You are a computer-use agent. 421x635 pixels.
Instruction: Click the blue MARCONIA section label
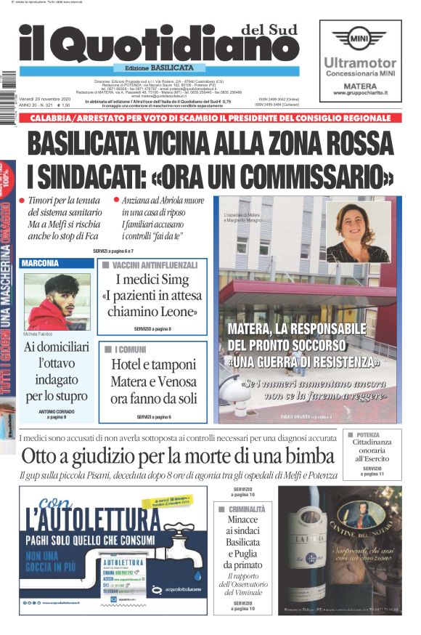(x=41, y=263)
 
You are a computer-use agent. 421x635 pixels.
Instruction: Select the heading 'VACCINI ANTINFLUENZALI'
(x=155, y=266)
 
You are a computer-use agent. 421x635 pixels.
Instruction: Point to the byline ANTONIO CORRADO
(x=57, y=411)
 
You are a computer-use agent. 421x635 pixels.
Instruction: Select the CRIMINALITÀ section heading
(x=246, y=509)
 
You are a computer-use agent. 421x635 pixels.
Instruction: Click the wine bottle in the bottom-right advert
(x=308, y=552)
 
